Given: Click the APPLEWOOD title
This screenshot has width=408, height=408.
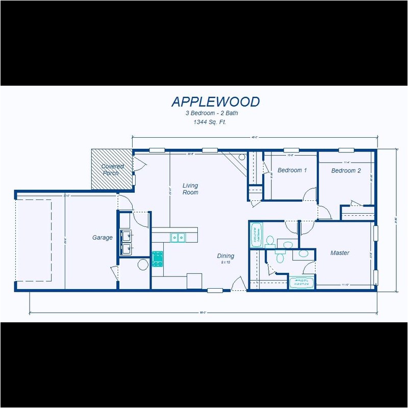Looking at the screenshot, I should pyautogui.click(x=215, y=101).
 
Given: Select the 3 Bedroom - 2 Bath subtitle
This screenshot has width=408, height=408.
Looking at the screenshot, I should pyautogui.click(x=211, y=113).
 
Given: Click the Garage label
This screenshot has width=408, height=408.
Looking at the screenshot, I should pyautogui.click(x=102, y=238).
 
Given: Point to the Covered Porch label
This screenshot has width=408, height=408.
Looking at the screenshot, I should pyautogui.click(x=112, y=169).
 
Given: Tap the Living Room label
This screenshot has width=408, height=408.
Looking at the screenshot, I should pyautogui.click(x=190, y=189).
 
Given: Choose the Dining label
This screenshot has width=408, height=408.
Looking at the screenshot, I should pyautogui.click(x=225, y=256).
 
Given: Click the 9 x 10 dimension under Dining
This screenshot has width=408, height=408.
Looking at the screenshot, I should pyautogui.click(x=225, y=262).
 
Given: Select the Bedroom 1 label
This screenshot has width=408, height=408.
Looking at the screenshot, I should pyautogui.click(x=292, y=170).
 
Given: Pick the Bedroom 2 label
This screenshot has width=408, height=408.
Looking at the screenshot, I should pyautogui.click(x=346, y=171).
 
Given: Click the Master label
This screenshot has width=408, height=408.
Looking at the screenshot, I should pyautogui.click(x=340, y=253).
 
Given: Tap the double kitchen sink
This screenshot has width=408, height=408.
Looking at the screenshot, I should pyautogui.click(x=177, y=237).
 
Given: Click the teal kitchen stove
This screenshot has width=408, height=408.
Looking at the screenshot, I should pyautogui.click(x=157, y=259).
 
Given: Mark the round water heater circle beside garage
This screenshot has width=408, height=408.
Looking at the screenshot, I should pyautogui.click(x=143, y=264).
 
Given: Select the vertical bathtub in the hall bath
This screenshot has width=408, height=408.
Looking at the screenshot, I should pyautogui.click(x=256, y=235).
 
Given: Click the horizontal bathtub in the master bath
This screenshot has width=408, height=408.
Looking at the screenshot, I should pyautogui.click(x=301, y=283).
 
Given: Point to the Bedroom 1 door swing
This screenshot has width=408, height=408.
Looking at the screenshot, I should pyautogui.click(x=309, y=194).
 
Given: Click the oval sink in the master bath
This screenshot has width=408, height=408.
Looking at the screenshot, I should pyautogui.click(x=303, y=253).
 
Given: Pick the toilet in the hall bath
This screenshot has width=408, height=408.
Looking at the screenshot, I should pyautogui.click(x=270, y=239).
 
